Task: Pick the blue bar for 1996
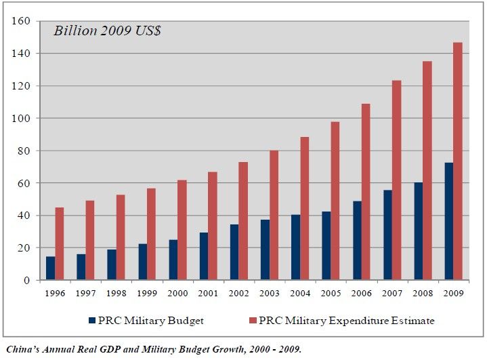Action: pyautogui.click(x=50, y=268)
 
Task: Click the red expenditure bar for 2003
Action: pyautogui.click(x=274, y=215)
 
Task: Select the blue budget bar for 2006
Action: pyautogui.click(x=356, y=241)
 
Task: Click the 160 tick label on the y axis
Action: pyautogui.click(x=22, y=21)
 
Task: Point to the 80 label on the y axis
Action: pyautogui.click(x=25, y=151)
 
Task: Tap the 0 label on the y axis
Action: pyautogui.click(x=28, y=280)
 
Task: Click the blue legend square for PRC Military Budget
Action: pyautogui.click(x=93, y=320)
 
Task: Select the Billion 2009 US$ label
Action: pyautogui.click(x=107, y=31)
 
